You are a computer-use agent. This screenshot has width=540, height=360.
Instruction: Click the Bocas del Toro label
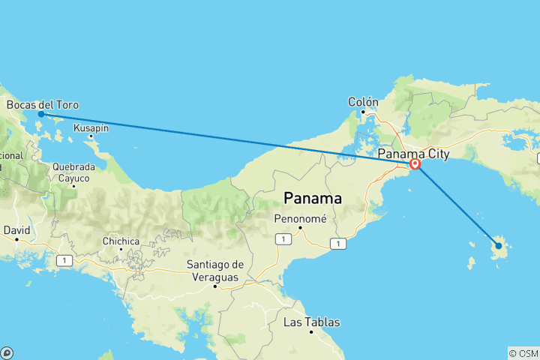[x=42, y=105]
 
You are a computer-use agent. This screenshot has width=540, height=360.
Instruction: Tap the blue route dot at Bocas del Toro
[x=41, y=114]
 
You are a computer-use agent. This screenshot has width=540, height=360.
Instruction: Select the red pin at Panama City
[x=414, y=164]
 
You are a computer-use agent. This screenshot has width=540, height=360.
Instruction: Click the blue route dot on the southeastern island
[x=499, y=246]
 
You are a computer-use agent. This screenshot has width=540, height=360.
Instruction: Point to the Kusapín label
[x=91, y=128]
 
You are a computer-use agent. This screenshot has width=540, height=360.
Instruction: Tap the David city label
[x=16, y=230]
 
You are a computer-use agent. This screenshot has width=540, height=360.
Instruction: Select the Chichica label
[x=121, y=241]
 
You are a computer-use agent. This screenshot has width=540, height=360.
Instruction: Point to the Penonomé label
[x=299, y=217]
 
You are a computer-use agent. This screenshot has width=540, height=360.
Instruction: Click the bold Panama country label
[x=313, y=199]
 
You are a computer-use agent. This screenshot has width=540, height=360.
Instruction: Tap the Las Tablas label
[x=311, y=322]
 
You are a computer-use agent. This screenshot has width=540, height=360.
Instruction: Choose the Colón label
[x=364, y=102]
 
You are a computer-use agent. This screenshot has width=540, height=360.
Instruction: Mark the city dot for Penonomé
[x=300, y=227]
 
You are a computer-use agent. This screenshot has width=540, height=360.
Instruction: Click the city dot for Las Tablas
[x=311, y=332]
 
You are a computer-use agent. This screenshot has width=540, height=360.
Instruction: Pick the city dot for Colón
[x=364, y=112]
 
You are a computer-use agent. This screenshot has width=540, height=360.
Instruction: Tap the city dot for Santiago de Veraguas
[x=215, y=286]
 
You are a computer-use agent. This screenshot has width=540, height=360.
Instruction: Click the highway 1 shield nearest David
[x=66, y=260]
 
